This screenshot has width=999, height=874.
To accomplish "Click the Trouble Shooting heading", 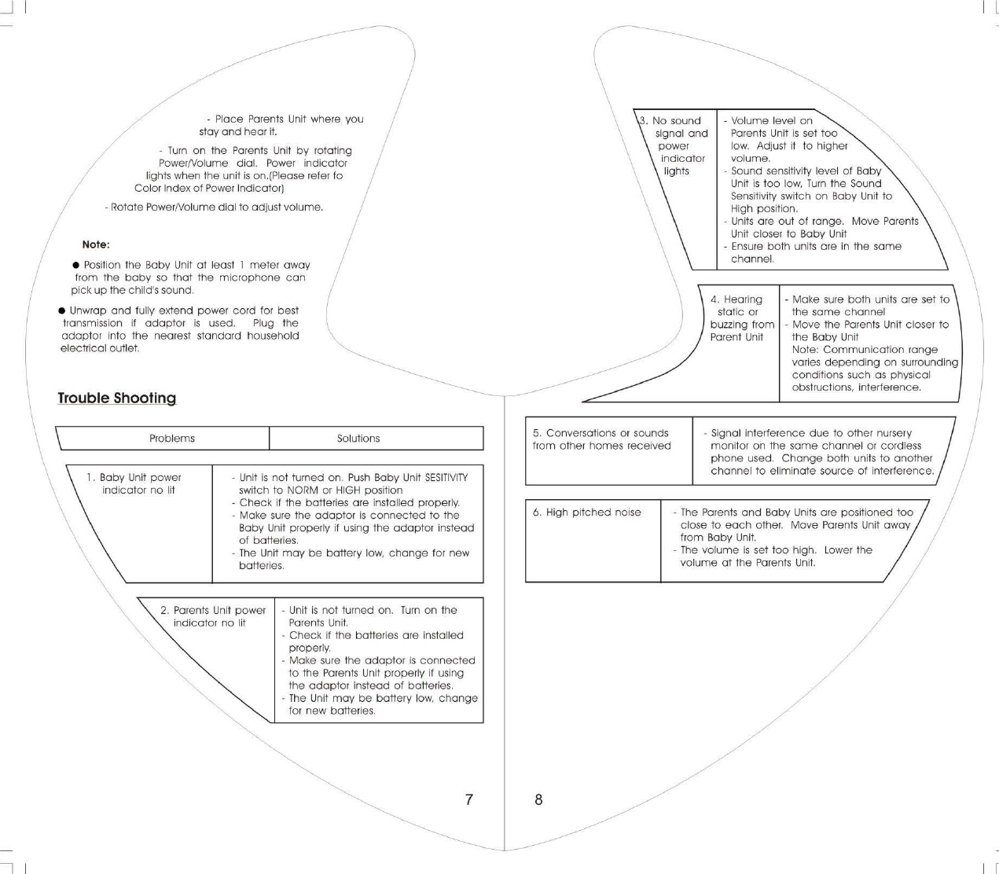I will tap(116, 398).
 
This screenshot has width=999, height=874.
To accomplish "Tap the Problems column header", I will tap(171, 439).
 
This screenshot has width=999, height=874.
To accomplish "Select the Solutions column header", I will tap(358, 439).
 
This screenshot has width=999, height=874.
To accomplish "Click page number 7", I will tap(469, 799).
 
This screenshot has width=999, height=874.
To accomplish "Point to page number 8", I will tap(538, 799).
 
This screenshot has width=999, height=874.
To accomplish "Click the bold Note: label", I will tap(96, 244).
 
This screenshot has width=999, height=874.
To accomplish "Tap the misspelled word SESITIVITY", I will tap(446, 477).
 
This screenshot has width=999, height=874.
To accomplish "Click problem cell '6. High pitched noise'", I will tap(586, 512).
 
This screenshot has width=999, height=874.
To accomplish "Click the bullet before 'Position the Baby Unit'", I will tap(76, 265).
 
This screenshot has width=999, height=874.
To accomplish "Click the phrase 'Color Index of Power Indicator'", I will tap(208, 189).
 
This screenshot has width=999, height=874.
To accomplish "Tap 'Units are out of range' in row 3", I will tap(787, 221).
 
